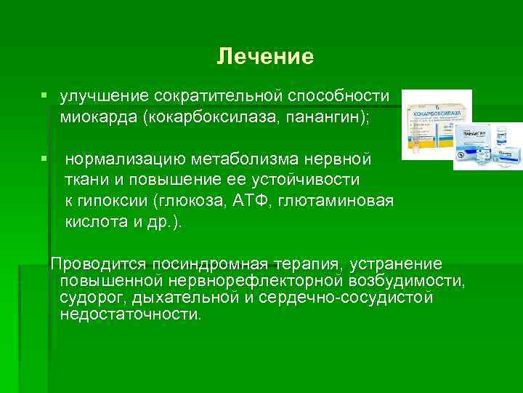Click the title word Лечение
click(265, 57)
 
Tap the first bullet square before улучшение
click(45, 96)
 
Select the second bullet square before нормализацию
click(45, 158)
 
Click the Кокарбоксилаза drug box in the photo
click(436, 124)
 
